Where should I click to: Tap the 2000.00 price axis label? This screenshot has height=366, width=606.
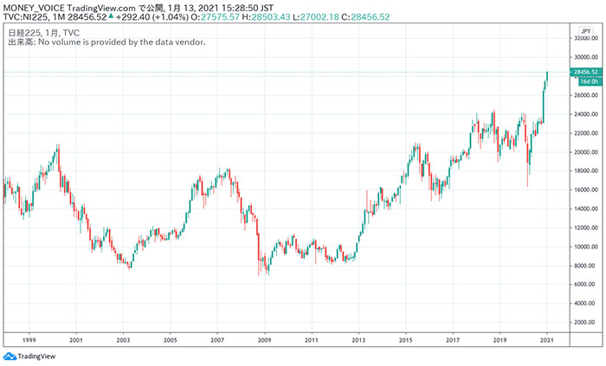(586, 322)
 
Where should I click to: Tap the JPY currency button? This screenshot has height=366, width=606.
(585, 30)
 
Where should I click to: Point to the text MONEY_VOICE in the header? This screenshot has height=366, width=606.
(34, 7)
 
